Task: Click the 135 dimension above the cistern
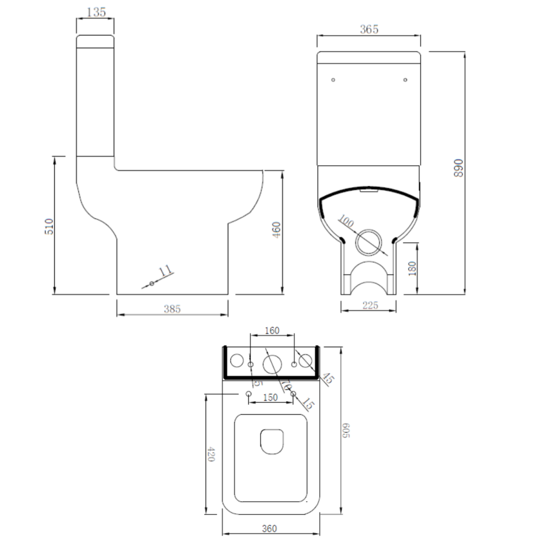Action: coord(95,12)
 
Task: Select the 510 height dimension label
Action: coord(50,226)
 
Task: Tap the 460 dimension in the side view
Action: coord(277,229)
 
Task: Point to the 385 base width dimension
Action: coord(172,309)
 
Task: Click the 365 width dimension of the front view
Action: coord(369,29)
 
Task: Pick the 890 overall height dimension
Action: coord(459,168)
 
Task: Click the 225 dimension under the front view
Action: coord(369,305)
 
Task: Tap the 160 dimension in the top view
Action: coord(272,331)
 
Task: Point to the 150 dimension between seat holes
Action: coord(270,397)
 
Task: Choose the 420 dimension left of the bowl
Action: coord(212,454)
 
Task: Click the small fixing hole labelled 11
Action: coord(151,283)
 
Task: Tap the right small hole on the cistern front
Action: coord(405,79)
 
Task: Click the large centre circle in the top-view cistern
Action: coord(272,364)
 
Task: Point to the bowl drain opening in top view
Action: coord(270,441)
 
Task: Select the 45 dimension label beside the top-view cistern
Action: coord(328,378)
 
